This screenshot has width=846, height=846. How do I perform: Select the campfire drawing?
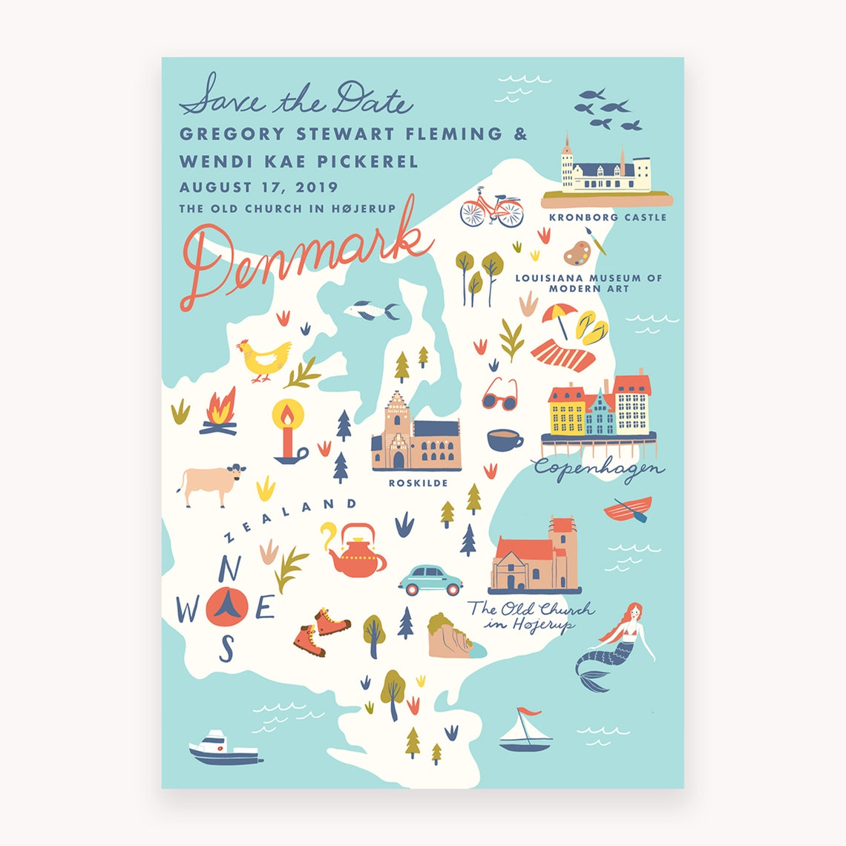click(x=220, y=413)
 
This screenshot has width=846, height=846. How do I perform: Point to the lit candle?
click(x=286, y=431)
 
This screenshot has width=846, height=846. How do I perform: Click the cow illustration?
click(x=211, y=484)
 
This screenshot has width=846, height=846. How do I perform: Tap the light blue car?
click(x=430, y=580)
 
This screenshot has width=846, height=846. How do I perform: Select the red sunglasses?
click(x=499, y=395)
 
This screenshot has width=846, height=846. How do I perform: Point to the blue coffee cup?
click(x=504, y=439)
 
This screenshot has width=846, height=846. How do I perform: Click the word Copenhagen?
click(x=598, y=469)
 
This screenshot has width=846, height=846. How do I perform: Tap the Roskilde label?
click(x=418, y=483)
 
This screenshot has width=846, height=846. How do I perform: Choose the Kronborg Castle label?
click(x=607, y=217)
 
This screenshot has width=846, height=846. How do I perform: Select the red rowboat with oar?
click(x=628, y=509)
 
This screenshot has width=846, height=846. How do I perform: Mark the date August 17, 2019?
click(x=258, y=188)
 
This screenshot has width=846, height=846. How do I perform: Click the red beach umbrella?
click(x=559, y=315)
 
